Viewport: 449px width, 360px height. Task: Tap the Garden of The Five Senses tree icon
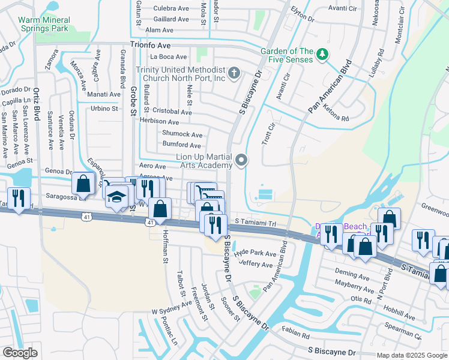click(x=323, y=55)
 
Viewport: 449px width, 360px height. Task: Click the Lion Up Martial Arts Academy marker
click(x=242, y=160)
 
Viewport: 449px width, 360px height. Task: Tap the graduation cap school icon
click(x=117, y=196)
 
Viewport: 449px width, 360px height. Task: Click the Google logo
click(x=20, y=353)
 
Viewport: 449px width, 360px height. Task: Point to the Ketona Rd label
click(x=337, y=116)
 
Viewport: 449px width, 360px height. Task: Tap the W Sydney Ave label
click(x=171, y=311)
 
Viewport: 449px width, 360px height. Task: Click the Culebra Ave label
click(x=172, y=8)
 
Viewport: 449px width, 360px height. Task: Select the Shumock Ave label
click(x=182, y=134)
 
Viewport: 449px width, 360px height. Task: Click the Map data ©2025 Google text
click(x=411, y=355)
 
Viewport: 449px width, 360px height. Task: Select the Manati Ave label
click(x=103, y=94)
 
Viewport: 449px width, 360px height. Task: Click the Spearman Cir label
click(x=419, y=329)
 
